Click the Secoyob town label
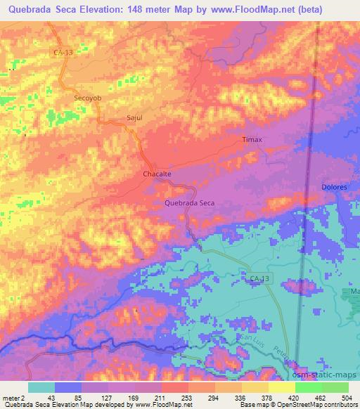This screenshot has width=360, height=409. tap(88, 99)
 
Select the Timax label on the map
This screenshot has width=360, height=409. tap(252, 139)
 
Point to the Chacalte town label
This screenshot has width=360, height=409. tap(157, 173)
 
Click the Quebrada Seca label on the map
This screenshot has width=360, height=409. tap(189, 202)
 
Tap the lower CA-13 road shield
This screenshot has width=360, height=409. tap(259, 280)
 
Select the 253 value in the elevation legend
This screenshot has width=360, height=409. tap(174, 398)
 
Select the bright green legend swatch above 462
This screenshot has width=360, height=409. tap(308, 387)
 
